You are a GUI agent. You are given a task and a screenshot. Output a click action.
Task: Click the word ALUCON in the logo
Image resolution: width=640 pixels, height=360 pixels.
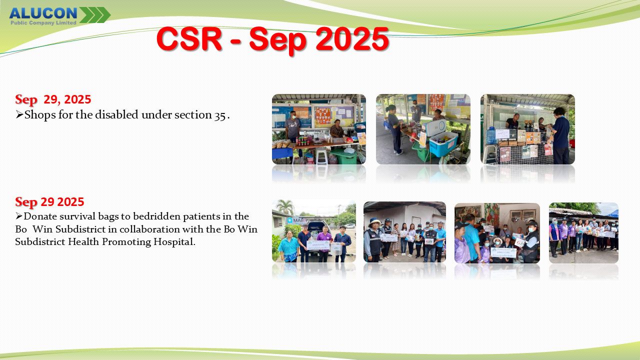pos(43,13)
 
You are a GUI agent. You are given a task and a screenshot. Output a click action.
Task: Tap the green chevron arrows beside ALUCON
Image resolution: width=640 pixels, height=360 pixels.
pos(95,15)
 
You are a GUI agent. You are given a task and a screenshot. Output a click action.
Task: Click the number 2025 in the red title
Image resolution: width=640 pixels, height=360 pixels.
pos(352,38)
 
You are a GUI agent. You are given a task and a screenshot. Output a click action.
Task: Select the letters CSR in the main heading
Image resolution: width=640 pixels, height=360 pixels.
pos(189,38)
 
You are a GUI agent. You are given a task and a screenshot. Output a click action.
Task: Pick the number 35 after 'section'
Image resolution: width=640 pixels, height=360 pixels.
pos(219,116)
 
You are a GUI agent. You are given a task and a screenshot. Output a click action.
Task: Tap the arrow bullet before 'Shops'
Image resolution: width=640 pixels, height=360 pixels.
pos(19,114)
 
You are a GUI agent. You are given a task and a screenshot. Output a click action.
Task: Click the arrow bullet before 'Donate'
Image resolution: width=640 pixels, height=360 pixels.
pos(19,216)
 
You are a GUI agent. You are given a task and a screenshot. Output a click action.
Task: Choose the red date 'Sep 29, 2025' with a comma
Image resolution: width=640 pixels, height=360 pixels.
pos(53,99)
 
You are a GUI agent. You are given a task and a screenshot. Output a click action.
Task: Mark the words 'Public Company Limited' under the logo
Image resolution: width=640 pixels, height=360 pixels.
pos(43,23)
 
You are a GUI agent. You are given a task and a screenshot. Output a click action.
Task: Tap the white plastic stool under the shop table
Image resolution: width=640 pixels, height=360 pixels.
pos(321,156)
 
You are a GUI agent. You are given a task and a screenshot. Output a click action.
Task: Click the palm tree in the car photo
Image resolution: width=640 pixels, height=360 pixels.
pos(285,206)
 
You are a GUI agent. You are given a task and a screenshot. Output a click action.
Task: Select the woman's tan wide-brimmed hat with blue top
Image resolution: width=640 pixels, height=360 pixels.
pos(375,221)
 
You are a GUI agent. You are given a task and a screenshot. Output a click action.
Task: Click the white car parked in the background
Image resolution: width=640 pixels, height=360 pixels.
pos(350,225)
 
